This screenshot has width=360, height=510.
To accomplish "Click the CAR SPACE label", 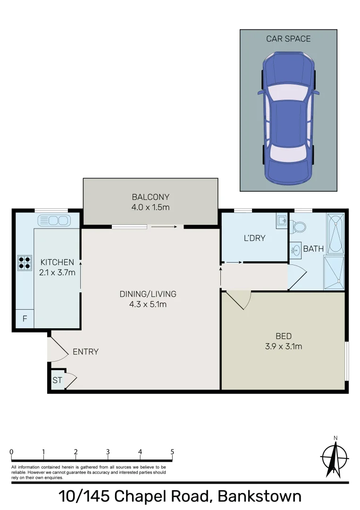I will point(288,39).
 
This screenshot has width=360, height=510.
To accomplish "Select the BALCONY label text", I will point(151,197).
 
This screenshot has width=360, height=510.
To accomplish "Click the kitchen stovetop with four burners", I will point(25,263).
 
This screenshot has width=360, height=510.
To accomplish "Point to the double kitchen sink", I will point(54,220).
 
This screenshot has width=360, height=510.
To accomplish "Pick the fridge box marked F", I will point(25,319).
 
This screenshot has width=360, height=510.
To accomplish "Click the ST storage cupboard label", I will point(57,380).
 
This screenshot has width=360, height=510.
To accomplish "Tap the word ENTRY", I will point(85,352).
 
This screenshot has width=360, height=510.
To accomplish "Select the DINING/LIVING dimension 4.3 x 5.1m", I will point(147,304).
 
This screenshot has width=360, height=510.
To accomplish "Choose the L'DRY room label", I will point(254,238).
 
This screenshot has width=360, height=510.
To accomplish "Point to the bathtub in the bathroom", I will point(335,233).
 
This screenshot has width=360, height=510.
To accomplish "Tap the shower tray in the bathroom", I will point(334,272).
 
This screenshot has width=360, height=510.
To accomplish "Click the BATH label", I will point(313,248).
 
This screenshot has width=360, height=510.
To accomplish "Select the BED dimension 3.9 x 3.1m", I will point(283,346).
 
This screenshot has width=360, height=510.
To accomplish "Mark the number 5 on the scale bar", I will point(172,451).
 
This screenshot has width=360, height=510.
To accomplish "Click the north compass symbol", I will point(335,457).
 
